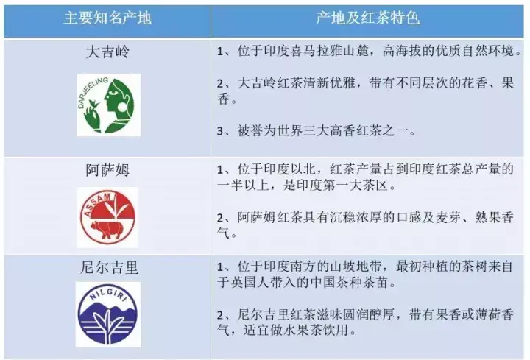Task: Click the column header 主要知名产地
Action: pos(107,18)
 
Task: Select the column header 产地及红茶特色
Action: pos(367,18)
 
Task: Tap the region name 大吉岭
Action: pos(107,52)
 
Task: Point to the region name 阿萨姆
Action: pos(107,169)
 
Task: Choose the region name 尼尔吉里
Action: pos(109,267)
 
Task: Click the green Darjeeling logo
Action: pos(108,105)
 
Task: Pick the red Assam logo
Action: pos(107,217)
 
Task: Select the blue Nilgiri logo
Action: pos(108,314)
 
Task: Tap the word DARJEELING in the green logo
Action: pos(91,92)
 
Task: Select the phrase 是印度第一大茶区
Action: pos(336,185)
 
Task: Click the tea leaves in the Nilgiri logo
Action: pos(107,325)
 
